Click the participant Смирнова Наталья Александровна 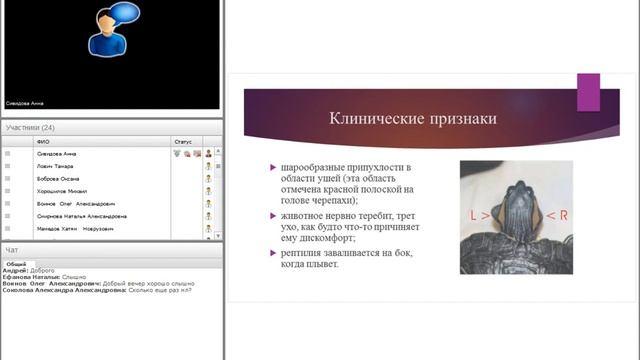[81, 216]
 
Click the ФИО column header [42, 142]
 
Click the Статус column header [182, 142]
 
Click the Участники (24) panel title [30, 128]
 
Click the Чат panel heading [12, 250]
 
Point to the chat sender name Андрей [14, 270]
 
